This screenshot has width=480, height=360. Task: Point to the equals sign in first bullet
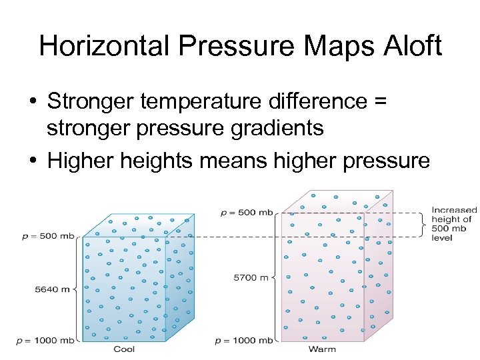click(380, 102)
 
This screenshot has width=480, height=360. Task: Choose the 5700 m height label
click(250, 277)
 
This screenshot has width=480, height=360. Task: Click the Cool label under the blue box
click(124, 349)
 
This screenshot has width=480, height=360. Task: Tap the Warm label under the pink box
click(322, 349)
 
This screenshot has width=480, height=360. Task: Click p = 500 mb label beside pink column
click(247, 213)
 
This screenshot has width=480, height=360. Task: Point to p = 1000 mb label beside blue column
click(45, 341)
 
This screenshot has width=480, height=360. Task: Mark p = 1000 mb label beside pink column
click(244, 341)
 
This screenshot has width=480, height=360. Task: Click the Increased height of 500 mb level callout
click(453, 223)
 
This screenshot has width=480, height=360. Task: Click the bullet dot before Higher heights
click(32, 160)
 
